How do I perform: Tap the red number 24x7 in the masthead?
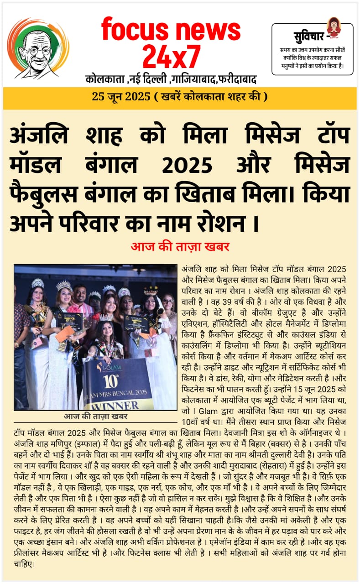click(171, 57)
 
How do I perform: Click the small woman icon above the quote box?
click(334, 26)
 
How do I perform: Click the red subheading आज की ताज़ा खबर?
click(180, 247)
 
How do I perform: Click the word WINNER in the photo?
click(124, 405)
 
